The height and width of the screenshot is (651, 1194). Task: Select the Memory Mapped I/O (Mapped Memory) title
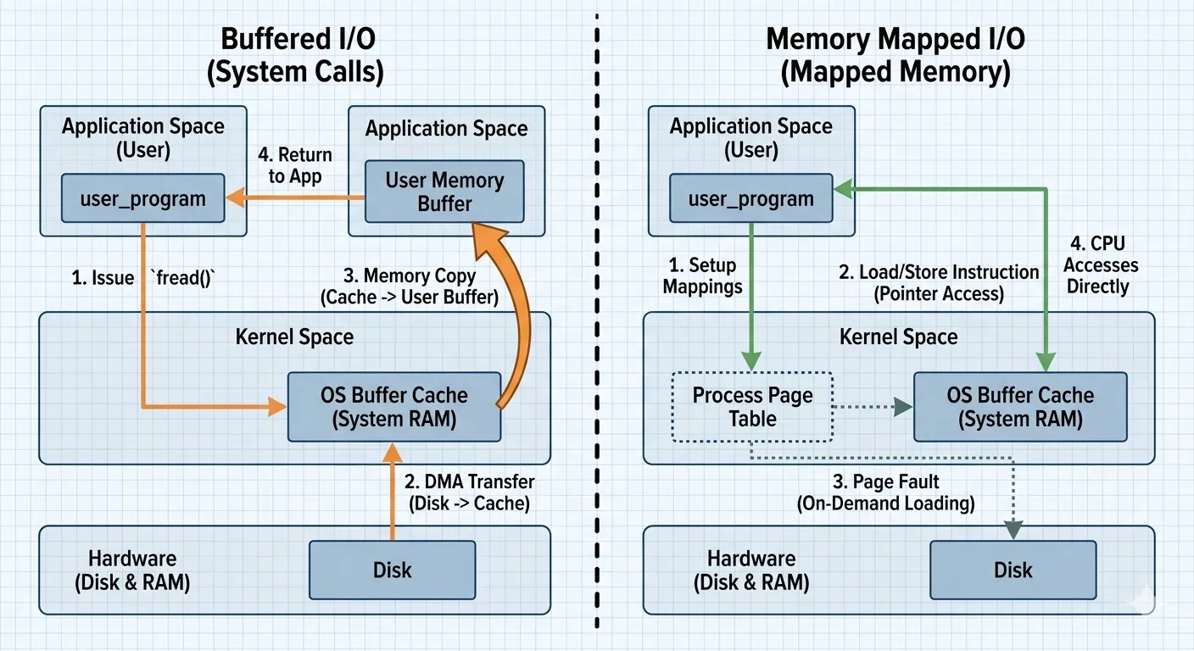coord(895,56)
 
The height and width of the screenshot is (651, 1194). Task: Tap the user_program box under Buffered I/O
coord(142,200)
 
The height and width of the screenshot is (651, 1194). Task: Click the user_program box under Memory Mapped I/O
coord(750,200)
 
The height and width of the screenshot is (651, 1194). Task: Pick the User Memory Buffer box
coord(444,192)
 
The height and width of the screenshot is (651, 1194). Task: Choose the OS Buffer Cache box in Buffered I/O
coord(393,407)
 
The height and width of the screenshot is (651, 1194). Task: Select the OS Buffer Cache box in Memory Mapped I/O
coord(1019,407)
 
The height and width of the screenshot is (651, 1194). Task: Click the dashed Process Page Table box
coord(752,407)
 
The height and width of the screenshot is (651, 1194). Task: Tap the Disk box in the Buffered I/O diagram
coord(392,570)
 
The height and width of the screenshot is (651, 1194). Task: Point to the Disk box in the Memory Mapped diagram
coord(1013,570)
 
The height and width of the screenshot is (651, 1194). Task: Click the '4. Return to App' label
coord(294,166)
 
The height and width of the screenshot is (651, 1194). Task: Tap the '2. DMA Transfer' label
coord(469,492)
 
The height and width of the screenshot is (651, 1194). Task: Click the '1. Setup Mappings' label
coord(701,276)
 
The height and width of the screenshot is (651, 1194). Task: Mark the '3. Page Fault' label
coord(885,492)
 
